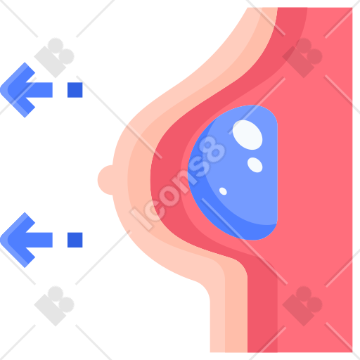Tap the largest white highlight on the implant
coord(247,135)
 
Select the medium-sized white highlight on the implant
coord(255,165)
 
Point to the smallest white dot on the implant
coord(223,191)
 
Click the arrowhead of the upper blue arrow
coord(18,90)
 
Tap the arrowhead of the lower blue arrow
coord(18,240)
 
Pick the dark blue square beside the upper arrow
coord(75,90)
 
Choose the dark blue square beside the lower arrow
coord(75,240)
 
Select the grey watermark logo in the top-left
coord(54,58)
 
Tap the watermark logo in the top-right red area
coord(302,58)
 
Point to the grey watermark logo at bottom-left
coord(54,306)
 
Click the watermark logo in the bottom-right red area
coord(302,306)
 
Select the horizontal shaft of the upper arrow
coord(39,90)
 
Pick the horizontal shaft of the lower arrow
coord(39,240)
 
